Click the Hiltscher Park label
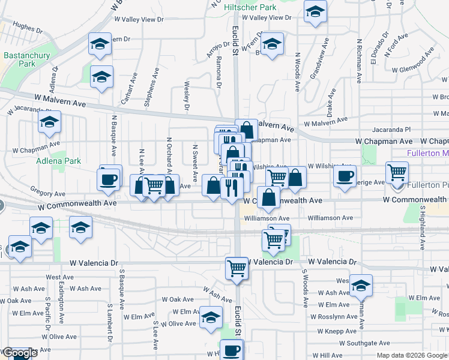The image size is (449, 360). [250, 8]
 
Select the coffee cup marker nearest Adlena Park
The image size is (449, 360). [109, 179]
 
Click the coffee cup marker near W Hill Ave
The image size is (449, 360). [232, 350]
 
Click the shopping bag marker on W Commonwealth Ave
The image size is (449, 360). [268, 197]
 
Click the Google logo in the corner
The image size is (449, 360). [19, 353]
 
